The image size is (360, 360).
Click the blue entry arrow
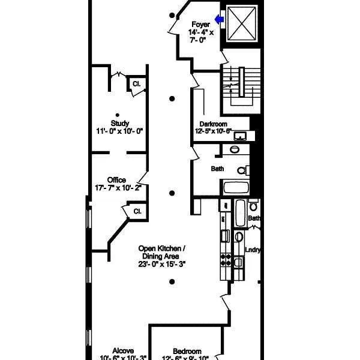pos(220,20)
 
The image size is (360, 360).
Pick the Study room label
pos(120,123)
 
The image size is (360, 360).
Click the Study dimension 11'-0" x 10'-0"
pos(120,131)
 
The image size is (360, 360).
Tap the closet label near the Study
pos(136,84)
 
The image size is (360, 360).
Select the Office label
pos(116,179)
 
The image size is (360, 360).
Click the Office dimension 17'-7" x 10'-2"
pos(116,187)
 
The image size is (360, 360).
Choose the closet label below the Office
pos(137,211)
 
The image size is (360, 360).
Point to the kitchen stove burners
pos(226,259)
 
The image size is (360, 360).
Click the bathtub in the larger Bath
pos(238,187)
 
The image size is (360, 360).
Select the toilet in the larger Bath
pos(242,170)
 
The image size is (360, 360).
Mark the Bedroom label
pos(187,352)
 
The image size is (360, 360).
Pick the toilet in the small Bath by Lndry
pos(253,207)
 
